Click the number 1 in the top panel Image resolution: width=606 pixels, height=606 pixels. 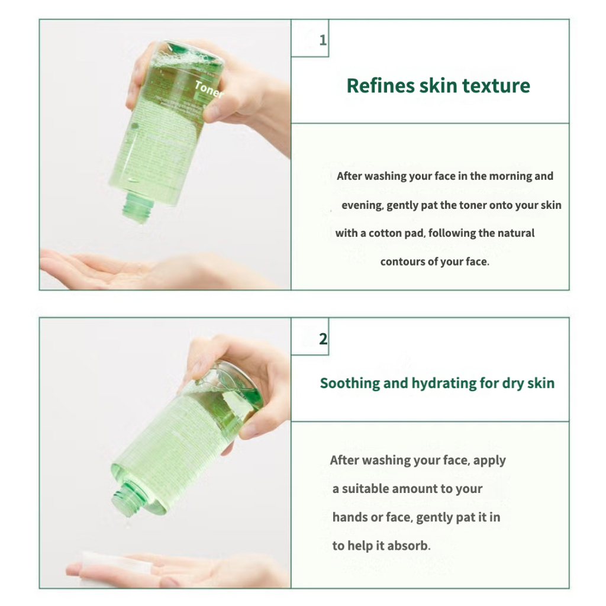[x=323, y=40]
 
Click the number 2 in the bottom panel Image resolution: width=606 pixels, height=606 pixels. [x=323, y=339]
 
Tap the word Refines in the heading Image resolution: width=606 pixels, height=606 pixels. [x=381, y=85]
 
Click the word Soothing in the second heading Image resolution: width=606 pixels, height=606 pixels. [x=350, y=383]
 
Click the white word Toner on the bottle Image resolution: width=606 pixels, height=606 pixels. [x=209, y=90]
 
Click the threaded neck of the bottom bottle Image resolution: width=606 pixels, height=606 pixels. [x=125, y=498]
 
